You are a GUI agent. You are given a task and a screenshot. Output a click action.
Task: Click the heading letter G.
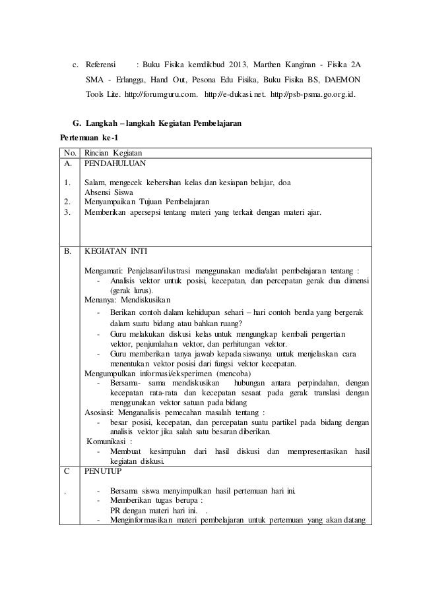click(x=74, y=124)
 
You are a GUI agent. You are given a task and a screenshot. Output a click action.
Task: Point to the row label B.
click(x=67, y=251)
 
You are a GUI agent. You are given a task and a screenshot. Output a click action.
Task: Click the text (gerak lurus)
click(x=131, y=291)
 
